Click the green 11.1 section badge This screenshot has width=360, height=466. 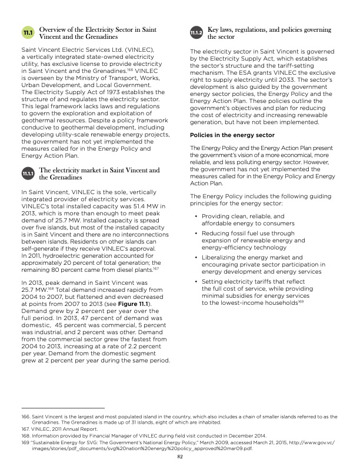point(28,31)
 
